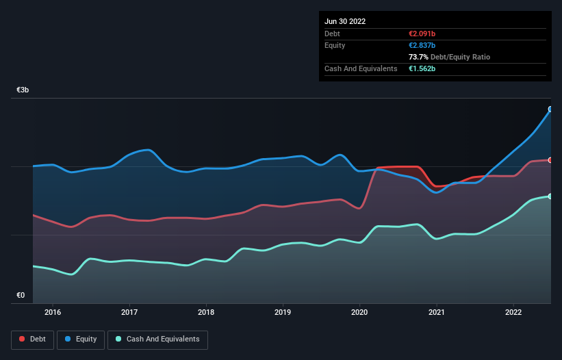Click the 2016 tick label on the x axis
click(x=53, y=313)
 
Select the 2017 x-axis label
click(x=129, y=313)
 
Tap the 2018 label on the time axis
click(x=206, y=313)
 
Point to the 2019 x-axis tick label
click(x=283, y=313)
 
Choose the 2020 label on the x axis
click(x=359, y=313)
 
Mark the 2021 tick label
click(x=436, y=313)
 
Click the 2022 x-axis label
click(x=513, y=313)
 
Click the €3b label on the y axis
click(x=23, y=90)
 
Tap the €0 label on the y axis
click(x=21, y=296)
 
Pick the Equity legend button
click(x=81, y=339)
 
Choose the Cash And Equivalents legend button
click(x=157, y=339)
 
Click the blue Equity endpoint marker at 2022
click(x=550, y=109)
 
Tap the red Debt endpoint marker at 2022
click(x=550, y=160)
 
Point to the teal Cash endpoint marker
click(x=550, y=196)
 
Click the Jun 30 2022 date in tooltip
click(x=345, y=21)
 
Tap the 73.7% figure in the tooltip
click(x=419, y=57)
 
